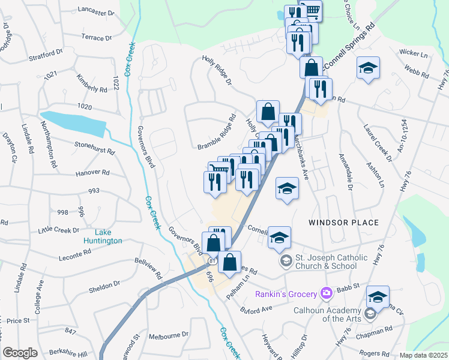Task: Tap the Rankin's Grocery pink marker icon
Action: (327, 293)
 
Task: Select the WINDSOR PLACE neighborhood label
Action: (343, 223)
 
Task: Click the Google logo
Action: (20, 353)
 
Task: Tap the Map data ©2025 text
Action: (423, 355)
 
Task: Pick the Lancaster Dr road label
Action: (97, 12)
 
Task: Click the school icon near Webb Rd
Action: (368, 68)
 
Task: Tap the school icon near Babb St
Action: (378, 296)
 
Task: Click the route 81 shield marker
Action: (212, 262)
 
